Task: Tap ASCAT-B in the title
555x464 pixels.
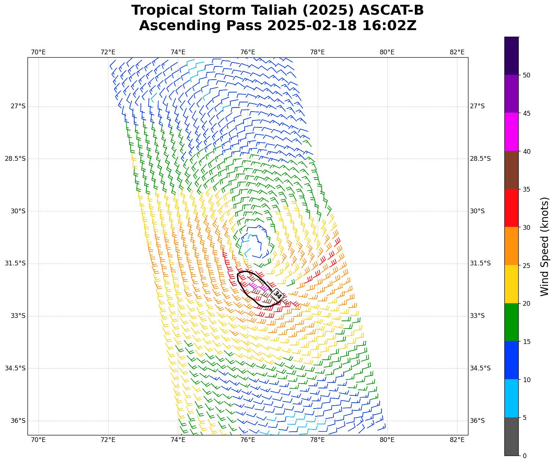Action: (x=391, y=10)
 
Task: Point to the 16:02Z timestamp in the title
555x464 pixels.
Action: (x=389, y=26)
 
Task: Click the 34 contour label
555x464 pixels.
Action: (x=277, y=294)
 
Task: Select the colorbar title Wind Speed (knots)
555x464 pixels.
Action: (x=545, y=246)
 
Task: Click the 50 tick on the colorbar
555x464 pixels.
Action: (x=526, y=75)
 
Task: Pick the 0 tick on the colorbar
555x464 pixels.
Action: (x=525, y=456)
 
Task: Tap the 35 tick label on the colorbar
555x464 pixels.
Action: (x=526, y=189)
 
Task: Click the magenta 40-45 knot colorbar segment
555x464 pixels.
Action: (x=511, y=132)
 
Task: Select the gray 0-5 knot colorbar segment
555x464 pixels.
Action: (x=511, y=436)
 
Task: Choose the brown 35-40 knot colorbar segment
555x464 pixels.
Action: (x=511, y=170)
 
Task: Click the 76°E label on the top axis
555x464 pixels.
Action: (x=248, y=52)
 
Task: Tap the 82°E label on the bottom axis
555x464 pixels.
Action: (x=457, y=440)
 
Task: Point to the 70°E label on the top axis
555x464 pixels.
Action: (x=38, y=52)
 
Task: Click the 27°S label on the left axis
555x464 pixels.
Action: (x=18, y=106)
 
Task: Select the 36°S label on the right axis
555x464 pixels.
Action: (x=477, y=421)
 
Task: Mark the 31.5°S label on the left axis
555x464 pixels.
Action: (x=15, y=264)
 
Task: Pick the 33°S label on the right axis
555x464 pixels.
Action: (x=477, y=316)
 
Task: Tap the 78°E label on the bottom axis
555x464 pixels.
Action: (x=317, y=440)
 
